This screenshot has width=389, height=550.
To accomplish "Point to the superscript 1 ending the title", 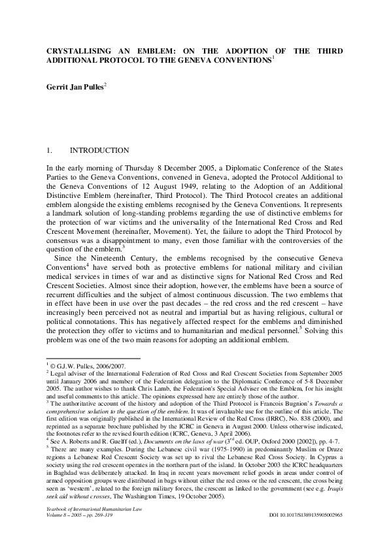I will point(273,57).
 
